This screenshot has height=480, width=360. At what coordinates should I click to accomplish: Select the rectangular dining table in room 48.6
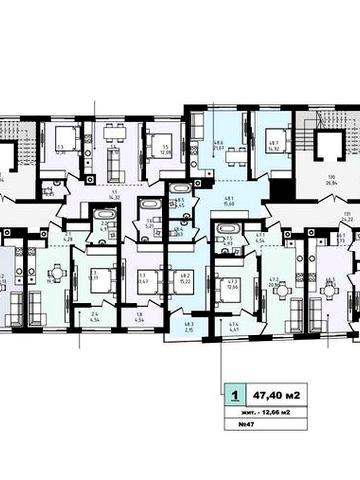click(x=236, y=155)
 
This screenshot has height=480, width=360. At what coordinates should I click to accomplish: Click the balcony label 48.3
click(x=191, y=326)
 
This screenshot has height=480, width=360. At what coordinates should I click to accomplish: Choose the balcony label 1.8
click(x=138, y=321)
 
